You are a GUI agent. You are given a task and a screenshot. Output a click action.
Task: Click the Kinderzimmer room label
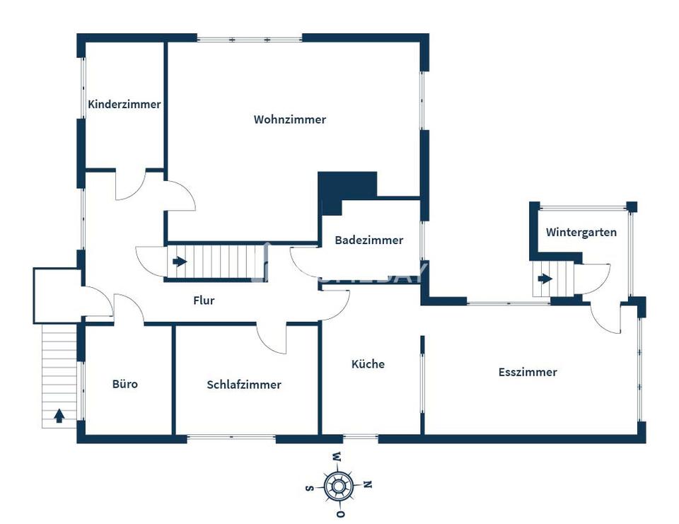click(124, 104)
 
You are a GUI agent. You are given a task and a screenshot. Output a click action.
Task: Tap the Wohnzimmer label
click(290, 120)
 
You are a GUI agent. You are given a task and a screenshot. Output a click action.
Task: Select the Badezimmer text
click(368, 240)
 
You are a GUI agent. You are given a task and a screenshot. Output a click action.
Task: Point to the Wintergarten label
click(581, 232)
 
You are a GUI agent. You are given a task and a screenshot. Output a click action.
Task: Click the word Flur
click(204, 301)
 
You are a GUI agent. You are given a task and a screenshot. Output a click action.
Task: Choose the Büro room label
click(125, 384)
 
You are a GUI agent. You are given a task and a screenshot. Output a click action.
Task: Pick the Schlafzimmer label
click(244, 385)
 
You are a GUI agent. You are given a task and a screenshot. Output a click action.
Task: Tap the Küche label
click(368, 364)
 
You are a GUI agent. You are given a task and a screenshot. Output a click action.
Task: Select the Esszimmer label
click(528, 372)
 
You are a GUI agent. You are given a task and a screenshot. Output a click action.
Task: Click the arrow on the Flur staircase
click(180, 262)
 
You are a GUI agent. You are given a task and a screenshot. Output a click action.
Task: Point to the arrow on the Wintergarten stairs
click(545, 279)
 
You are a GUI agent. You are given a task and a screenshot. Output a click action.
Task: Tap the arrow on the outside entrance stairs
click(59, 416)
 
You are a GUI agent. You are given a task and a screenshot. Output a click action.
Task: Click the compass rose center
click(338, 485)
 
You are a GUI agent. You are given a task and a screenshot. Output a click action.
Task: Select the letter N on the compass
click(367, 484)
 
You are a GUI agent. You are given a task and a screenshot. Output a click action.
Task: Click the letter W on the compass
click(338, 456)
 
